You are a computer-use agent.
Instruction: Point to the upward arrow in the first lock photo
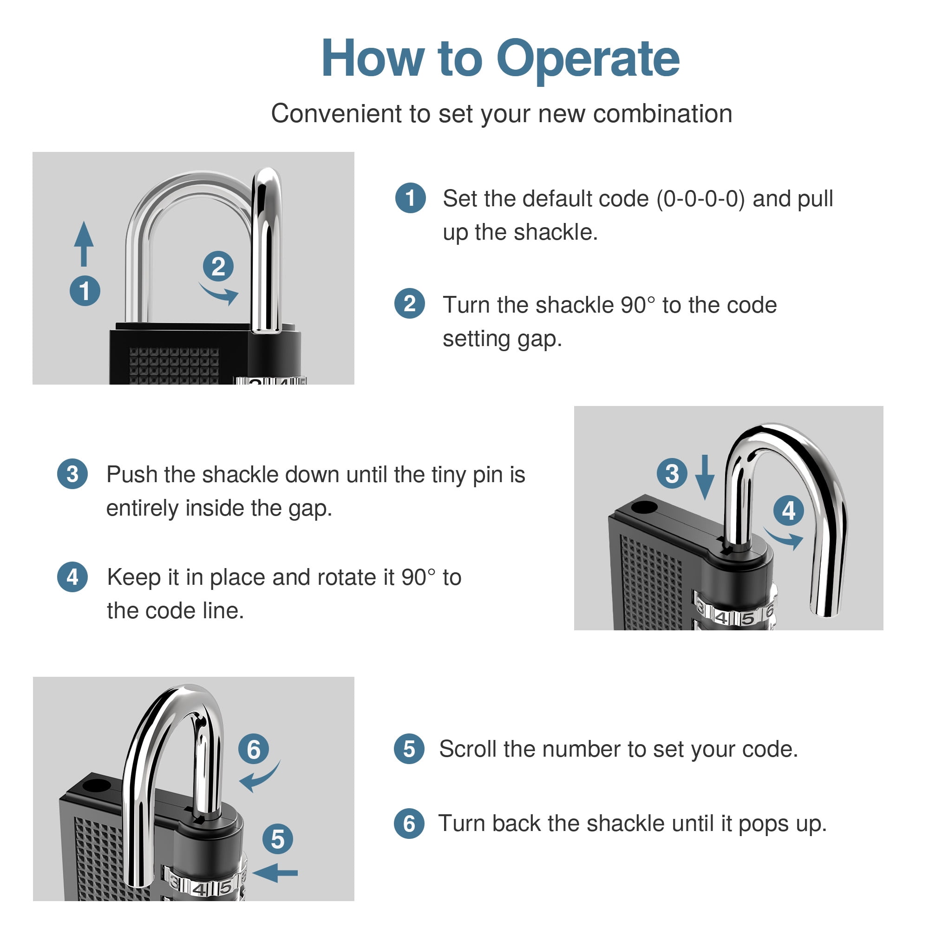point(84,244)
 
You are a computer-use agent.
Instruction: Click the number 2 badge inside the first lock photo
point(218,266)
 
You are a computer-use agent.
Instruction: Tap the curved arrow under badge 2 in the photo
point(220,293)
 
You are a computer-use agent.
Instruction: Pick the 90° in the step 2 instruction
point(638,305)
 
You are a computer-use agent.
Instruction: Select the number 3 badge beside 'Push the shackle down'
point(72,474)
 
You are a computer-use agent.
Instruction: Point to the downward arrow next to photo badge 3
point(705,478)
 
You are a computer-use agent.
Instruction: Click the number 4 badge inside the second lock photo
point(789,510)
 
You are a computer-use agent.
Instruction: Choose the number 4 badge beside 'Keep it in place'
point(72,576)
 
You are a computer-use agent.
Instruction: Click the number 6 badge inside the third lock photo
point(254,749)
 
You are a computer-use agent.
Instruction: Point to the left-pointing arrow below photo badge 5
point(275,872)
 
